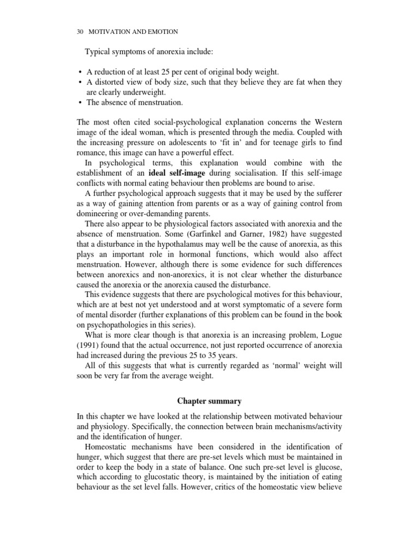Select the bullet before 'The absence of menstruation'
pyautogui.click(x=81, y=102)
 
